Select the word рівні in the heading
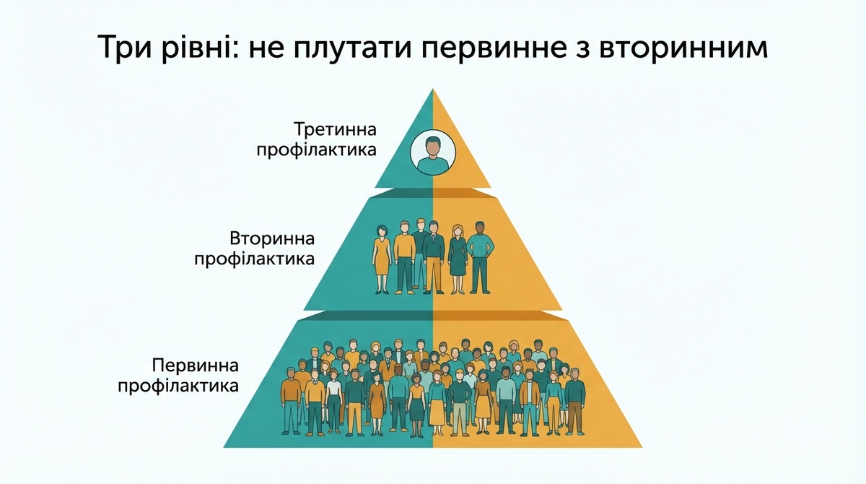click(201, 48)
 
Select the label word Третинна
click(335, 129)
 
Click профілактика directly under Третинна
click(316, 150)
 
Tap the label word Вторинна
click(272, 238)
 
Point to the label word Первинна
click(196, 366)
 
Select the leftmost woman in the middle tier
click(382, 259)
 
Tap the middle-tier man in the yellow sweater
click(404, 257)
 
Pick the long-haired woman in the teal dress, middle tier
click(458, 259)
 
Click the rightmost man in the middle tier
click(480, 258)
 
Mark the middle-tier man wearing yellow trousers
click(434, 257)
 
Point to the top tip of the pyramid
click(433, 89)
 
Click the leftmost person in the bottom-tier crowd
click(290, 401)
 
